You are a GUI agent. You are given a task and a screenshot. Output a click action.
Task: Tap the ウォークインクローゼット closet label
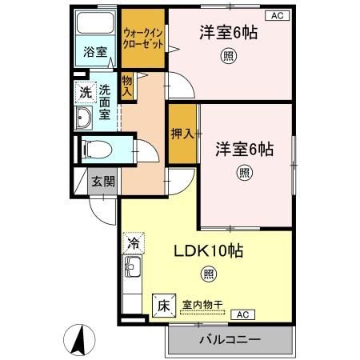pyautogui.click(x=143, y=39)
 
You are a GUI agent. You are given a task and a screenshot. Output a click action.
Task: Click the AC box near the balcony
pyautogui.click(x=243, y=314)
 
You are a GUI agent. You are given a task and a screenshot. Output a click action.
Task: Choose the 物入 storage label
pyautogui.click(x=126, y=85)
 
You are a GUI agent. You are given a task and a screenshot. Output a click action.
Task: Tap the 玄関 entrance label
pyautogui.click(x=102, y=181)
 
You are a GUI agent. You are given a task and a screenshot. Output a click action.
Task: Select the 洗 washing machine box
pyautogui.click(x=85, y=92)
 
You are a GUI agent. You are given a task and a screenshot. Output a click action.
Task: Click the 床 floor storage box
pyautogui.click(x=162, y=305)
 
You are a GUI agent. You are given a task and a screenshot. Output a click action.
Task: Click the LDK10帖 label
pyautogui.click(x=210, y=250)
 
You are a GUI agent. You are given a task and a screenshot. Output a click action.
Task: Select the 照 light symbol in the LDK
pyautogui.click(x=209, y=275)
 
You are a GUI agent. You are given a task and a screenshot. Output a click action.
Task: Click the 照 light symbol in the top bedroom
pyautogui.click(x=229, y=55)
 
